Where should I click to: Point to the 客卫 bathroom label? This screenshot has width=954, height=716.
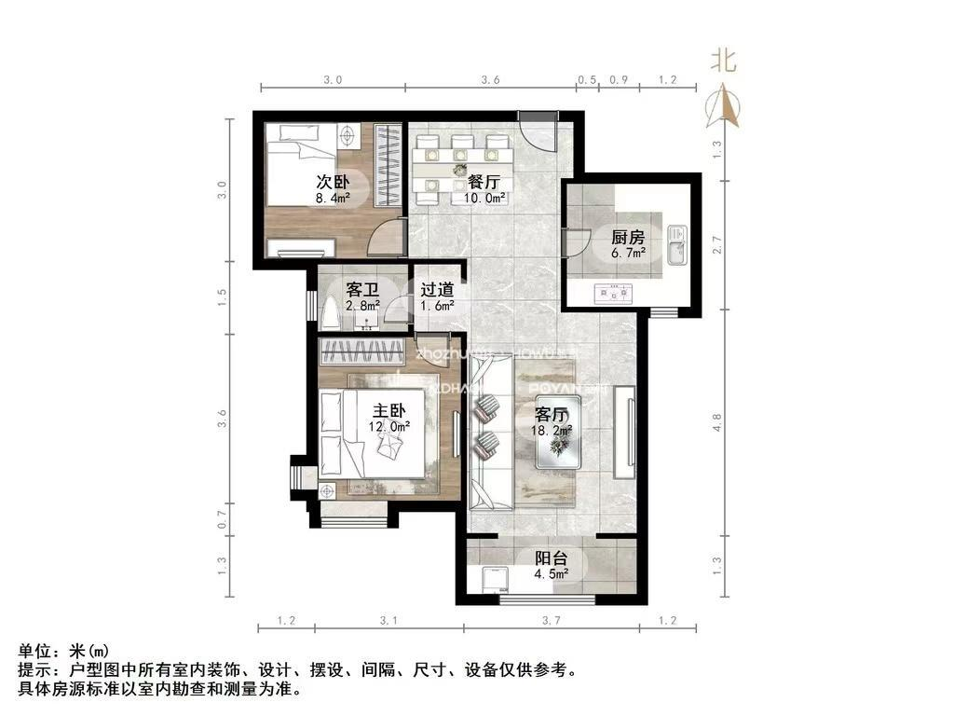(361, 290)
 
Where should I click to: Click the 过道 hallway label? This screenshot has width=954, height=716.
(436, 290)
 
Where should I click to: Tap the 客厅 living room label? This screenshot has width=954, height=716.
(552, 413)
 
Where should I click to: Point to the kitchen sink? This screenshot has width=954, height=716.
(676, 245)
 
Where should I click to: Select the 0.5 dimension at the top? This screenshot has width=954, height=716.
(587, 80)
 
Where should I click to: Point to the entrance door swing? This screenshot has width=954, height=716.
(538, 131)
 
